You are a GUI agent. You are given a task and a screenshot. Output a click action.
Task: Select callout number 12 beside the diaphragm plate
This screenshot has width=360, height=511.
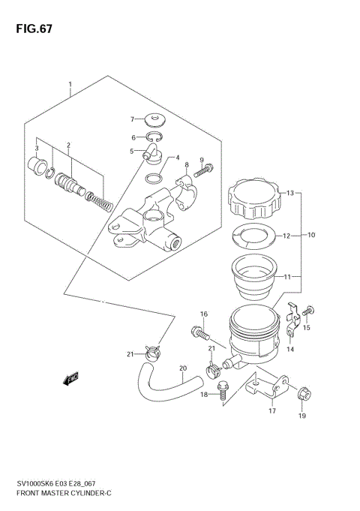pos(285,235)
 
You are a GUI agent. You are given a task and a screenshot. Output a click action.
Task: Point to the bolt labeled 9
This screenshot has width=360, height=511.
pos(203,170)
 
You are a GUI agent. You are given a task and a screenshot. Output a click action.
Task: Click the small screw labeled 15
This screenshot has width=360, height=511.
pos(310,309)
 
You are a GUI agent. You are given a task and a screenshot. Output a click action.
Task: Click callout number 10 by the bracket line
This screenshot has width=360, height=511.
pos(311,235)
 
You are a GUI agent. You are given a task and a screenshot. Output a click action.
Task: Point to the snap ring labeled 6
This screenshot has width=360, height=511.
pos(154,137)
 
